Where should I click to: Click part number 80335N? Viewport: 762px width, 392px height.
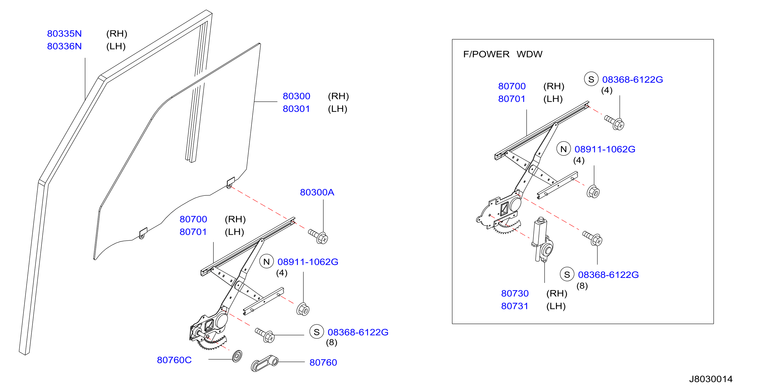[64, 34]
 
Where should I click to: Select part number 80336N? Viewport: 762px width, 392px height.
[64, 46]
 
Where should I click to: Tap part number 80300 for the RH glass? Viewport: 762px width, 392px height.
[296, 96]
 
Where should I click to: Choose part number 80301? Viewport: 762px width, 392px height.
[296, 109]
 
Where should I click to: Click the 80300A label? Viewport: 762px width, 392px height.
[317, 192]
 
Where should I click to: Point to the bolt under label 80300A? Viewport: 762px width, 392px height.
[318, 236]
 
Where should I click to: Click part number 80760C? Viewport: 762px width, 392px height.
[174, 360]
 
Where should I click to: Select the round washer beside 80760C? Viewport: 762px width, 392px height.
[237, 356]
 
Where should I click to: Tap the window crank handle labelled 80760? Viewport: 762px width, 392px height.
[264, 363]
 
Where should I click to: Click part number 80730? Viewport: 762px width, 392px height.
[515, 293]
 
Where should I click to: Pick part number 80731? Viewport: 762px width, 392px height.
[515, 306]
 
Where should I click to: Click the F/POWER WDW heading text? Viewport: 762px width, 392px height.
[503, 54]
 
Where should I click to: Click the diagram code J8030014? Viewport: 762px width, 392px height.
[711, 379]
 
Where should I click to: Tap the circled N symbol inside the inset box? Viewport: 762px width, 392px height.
[564, 149]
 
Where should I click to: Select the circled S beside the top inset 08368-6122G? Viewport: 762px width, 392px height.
[591, 79]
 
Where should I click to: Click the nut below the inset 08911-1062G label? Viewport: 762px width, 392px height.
[593, 192]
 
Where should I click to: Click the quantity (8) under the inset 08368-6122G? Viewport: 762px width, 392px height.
[582, 286]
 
